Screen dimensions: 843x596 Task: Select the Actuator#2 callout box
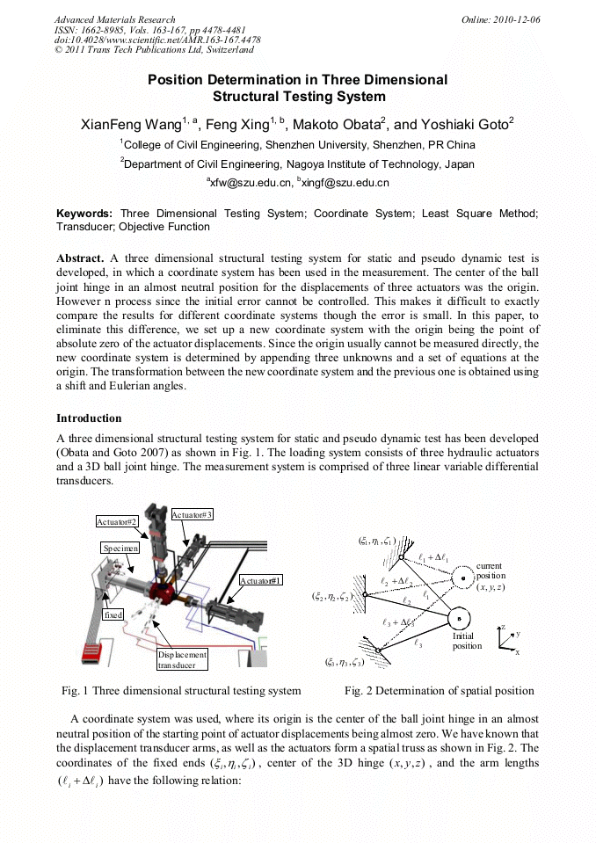pos(118,521)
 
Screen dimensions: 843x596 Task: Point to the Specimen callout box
pos(119,547)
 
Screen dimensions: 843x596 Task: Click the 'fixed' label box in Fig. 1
pos(113,615)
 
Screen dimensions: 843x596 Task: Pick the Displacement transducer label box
pos(183,659)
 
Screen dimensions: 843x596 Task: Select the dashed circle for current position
pos(463,578)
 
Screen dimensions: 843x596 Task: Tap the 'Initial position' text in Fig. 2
pos(467,640)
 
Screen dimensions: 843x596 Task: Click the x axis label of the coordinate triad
pos(517,652)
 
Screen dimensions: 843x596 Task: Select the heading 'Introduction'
pos(89,418)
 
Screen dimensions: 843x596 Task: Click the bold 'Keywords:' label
pos(84,214)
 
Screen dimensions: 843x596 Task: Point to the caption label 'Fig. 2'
pos(359,690)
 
